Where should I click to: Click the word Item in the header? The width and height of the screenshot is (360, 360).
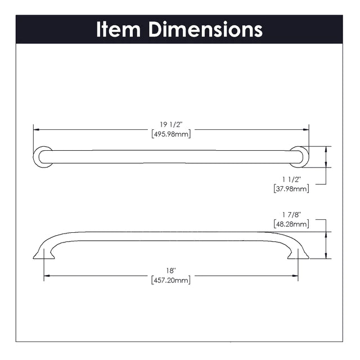tap(118, 29)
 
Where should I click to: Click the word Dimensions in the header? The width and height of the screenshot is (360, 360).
tap(206, 29)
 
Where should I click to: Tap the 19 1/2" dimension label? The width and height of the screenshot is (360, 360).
tap(171, 125)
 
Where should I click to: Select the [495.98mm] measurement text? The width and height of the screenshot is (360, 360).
tap(171, 134)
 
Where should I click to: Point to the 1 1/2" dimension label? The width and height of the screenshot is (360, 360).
tap(291, 179)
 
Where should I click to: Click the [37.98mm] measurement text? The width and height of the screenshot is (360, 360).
tap(291, 189)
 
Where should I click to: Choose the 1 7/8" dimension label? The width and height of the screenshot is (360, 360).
tap(291, 215)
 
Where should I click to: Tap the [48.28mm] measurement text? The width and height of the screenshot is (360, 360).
tap(291, 224)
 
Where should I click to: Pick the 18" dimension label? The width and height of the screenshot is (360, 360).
tap(171, 271)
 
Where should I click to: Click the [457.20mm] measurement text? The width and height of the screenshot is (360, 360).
tap(171, 280)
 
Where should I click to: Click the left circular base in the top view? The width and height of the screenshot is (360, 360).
tap(43, 157)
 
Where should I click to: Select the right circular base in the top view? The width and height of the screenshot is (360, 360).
tap(299, 157)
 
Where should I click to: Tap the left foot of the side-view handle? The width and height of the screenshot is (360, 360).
tap(44, 254)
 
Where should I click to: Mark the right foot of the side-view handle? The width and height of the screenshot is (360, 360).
tap(298, 254)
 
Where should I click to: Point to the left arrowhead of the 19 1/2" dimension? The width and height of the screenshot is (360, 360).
tap(37, 130)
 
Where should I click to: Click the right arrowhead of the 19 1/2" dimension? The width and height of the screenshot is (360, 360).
tap(306, 130)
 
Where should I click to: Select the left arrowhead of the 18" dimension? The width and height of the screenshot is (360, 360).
tap(47, 276)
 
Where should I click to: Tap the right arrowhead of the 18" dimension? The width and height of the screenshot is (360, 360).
tap(295, 276)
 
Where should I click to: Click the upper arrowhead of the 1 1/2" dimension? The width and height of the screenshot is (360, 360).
tap(326, 149)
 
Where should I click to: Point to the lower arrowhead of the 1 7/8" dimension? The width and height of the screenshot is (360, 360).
tap(326, 256)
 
